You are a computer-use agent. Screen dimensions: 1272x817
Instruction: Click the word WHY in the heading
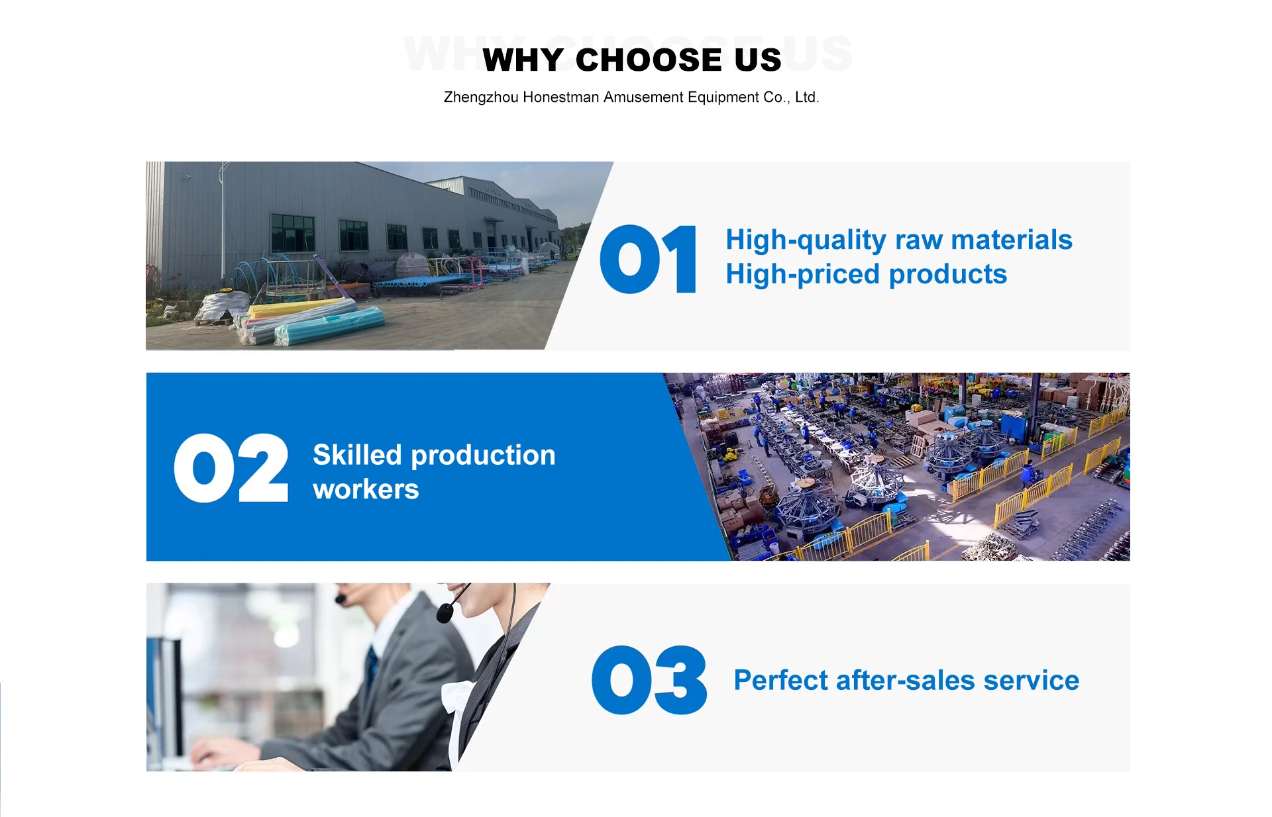[x=523, y=60]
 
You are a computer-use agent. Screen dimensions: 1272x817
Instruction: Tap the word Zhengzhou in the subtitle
[x=481, y=97]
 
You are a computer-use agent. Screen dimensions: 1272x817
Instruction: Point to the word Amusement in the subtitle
[x=643, y=97]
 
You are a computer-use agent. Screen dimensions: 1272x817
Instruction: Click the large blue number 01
[x=648, y=259]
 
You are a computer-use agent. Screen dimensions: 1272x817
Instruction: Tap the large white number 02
[x=231, y=468]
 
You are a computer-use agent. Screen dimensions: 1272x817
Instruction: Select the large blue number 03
[x=649, y=680]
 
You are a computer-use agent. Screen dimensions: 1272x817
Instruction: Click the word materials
[x=1012, y=240]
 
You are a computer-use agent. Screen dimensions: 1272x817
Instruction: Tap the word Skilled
[x=357, y=455]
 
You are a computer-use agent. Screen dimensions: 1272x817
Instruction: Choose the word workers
[x=366, y=490]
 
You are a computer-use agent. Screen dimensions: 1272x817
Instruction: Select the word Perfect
[x=781, y=681]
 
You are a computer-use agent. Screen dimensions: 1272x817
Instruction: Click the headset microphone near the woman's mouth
[x=445, y=612]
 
